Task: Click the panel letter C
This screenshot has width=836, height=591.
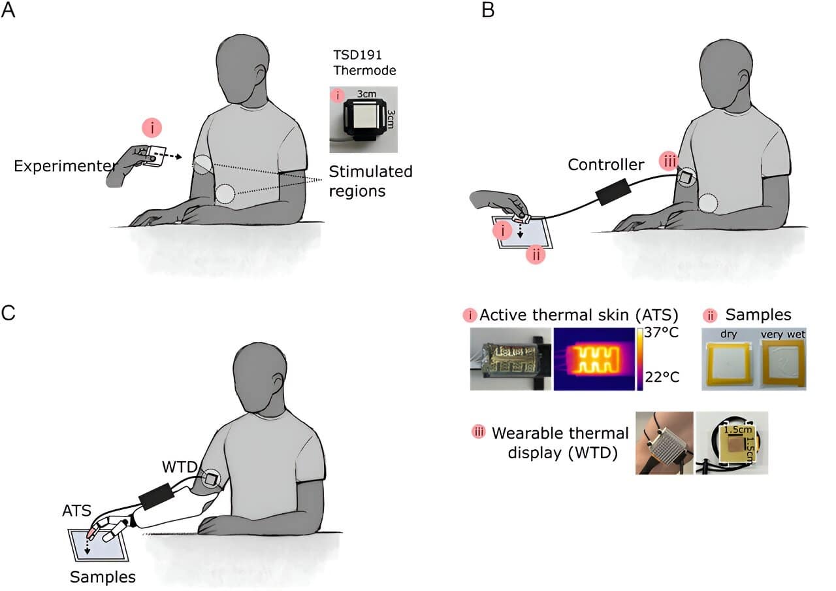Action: (9, 312)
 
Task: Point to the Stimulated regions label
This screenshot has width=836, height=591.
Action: (370, 182)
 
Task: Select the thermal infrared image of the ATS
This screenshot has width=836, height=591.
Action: (594, 358)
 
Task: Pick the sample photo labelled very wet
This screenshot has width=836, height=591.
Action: (781, 362)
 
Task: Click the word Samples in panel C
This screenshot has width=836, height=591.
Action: (103, 577)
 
